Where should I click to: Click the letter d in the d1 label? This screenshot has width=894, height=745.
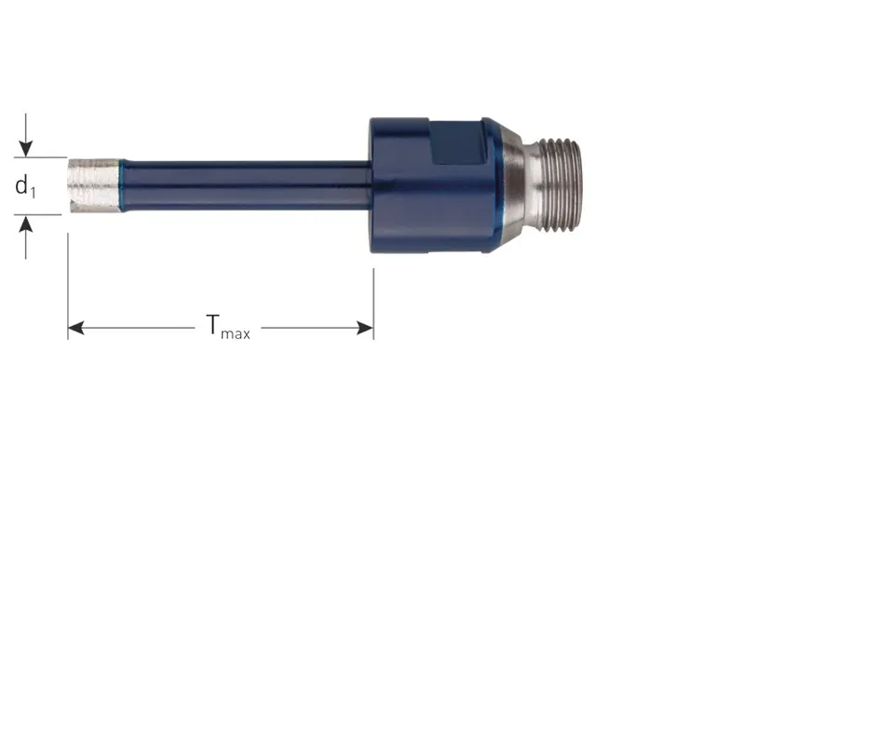[x=21, y=185]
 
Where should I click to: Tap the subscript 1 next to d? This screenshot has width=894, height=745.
[x=33, y=193]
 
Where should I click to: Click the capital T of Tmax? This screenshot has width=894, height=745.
[x=212, y=324]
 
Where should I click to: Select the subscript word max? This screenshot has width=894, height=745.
[x=236, y=333]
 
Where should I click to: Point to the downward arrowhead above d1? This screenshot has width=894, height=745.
[x=26, y=146]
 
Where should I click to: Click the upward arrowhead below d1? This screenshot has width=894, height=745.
[x=26, y=225]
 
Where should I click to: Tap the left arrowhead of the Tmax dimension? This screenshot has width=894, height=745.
[x=76, y=328]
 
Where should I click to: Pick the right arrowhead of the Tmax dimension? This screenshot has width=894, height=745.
[x=365, y=328]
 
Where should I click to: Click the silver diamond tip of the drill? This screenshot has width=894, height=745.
[x=93, y=185]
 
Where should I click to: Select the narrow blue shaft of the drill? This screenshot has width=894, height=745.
[x=246, y=186]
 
